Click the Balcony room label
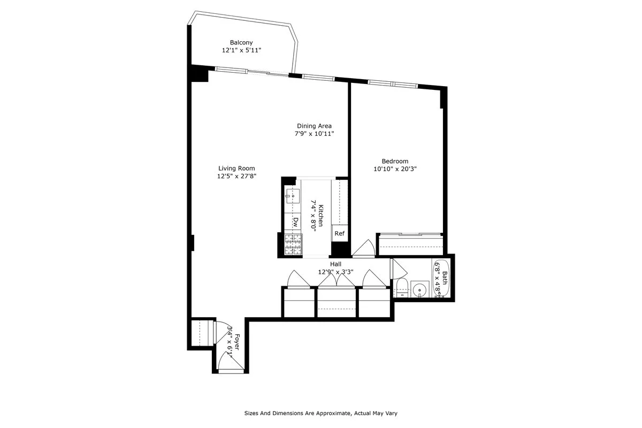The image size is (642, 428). click(x=241, y=42)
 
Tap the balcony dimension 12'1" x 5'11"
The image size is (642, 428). click(x=241, y=50)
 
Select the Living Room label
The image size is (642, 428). click(x=236, y=168)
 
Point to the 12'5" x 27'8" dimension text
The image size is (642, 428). click(x=236, y=176)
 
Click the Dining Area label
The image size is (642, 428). click(x=314, y=126)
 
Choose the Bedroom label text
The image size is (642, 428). click(x=395, y=161)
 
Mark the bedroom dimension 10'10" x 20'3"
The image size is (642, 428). click(x=395, y=169)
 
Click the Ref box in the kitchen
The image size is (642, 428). click(x=339, y=233)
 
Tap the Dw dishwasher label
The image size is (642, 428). click(x=295, y=221)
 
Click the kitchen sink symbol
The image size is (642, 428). click(x=292, y=196)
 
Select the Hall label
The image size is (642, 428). click(x=335, y=264)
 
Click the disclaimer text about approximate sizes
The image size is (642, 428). click(x=320, y=413)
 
